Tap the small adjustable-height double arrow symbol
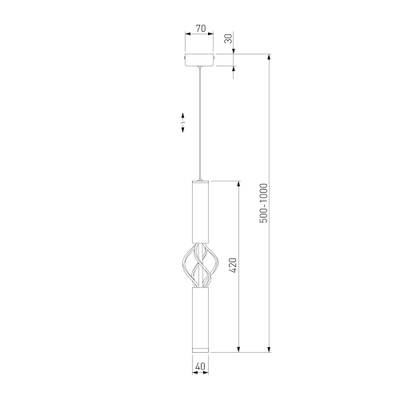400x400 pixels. (x=182, y=125)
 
